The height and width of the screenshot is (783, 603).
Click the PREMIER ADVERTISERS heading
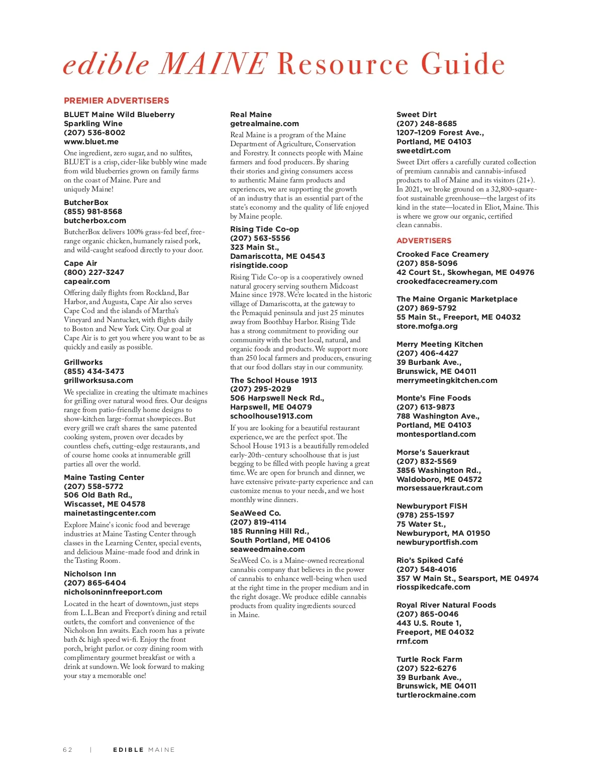click(116, 101)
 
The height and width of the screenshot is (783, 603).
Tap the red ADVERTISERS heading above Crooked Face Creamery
click(424, 241)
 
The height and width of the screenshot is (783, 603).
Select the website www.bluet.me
click(91, 142)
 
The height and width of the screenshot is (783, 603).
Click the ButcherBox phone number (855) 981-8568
click(93, 212)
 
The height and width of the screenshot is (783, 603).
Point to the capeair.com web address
click(86, 281)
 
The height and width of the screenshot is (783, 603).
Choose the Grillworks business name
click(83, 362)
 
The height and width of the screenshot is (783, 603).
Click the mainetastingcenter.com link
click(110, 513)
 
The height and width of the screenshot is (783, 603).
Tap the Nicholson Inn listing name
click(90, 574)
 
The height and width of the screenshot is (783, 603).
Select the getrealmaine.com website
click(264, 124)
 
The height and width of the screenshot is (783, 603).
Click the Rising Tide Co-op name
click(264, 229)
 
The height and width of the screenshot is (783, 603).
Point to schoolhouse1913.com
click(271, 416)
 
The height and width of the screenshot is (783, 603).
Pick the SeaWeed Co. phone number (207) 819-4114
click(258, 522)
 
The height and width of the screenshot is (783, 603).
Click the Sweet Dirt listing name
click(417, 115)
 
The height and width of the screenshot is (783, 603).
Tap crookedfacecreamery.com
click(447, 281)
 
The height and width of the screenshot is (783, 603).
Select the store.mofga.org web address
click(427, 326)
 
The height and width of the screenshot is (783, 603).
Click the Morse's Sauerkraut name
click(433, 452)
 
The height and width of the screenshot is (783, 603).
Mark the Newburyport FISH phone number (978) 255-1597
click(425, 515)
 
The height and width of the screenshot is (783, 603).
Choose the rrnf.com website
click(412, 641)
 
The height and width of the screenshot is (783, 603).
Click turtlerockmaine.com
click(436, 695)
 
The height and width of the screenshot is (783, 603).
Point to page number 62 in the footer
click(68, 750)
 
